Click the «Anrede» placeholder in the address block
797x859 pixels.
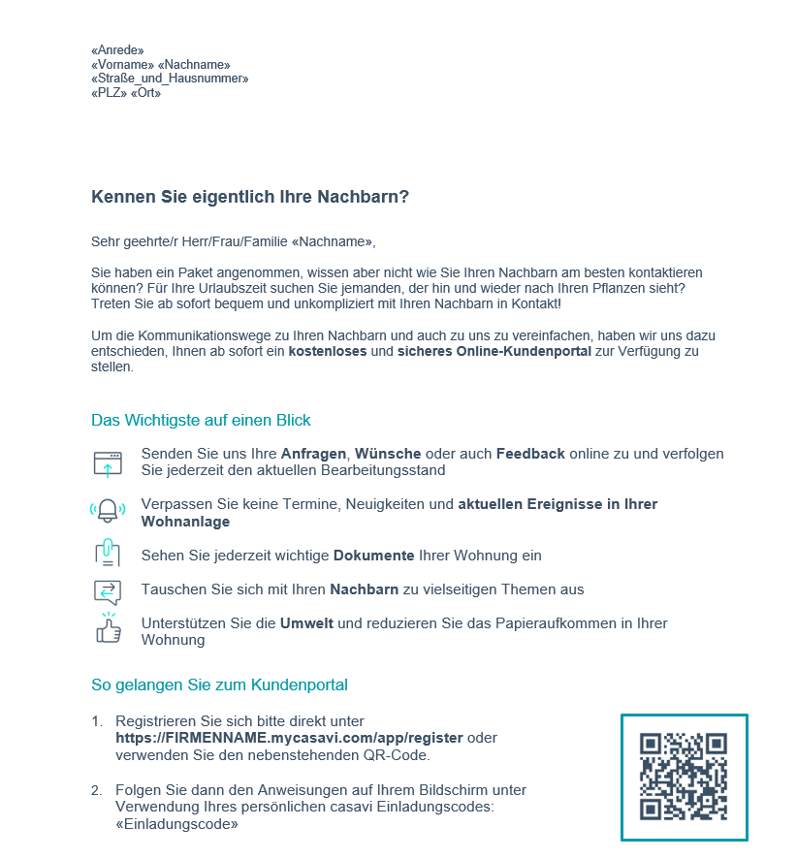click(117, 50)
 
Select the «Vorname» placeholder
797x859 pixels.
click(115, 65)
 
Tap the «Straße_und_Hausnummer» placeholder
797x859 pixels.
click(170, 79)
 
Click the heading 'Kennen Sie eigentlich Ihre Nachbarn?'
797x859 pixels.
click(250, 197)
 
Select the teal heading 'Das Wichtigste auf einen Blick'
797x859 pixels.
click(201, 421)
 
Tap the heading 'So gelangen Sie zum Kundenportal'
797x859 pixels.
click(219, 685)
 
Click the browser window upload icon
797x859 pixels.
click(108, 463)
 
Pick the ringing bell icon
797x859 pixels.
click(108, 510)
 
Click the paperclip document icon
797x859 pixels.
click(108, 553)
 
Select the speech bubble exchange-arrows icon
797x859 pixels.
click(108, 590)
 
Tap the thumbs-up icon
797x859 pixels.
click(108, 629)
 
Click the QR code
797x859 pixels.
click(684, 777)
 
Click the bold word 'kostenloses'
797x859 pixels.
click(328, 352)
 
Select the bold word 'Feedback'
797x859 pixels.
click(530, 454)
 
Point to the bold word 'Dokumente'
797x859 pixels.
click(374, 557)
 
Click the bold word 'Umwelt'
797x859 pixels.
click(306, 623)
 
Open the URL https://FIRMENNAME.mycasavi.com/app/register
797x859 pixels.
click(289, 738)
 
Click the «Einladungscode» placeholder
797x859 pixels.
click(176, 825)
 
